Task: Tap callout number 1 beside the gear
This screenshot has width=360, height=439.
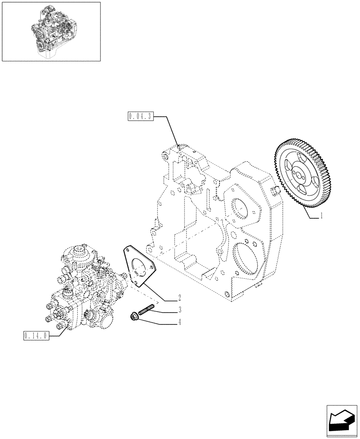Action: tap(322, 216)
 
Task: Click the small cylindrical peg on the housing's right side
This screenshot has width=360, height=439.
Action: tap(276, 192)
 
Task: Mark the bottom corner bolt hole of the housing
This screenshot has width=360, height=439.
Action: tap(226, 295)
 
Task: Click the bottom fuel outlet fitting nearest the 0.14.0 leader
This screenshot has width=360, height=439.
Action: tap(58, 326)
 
